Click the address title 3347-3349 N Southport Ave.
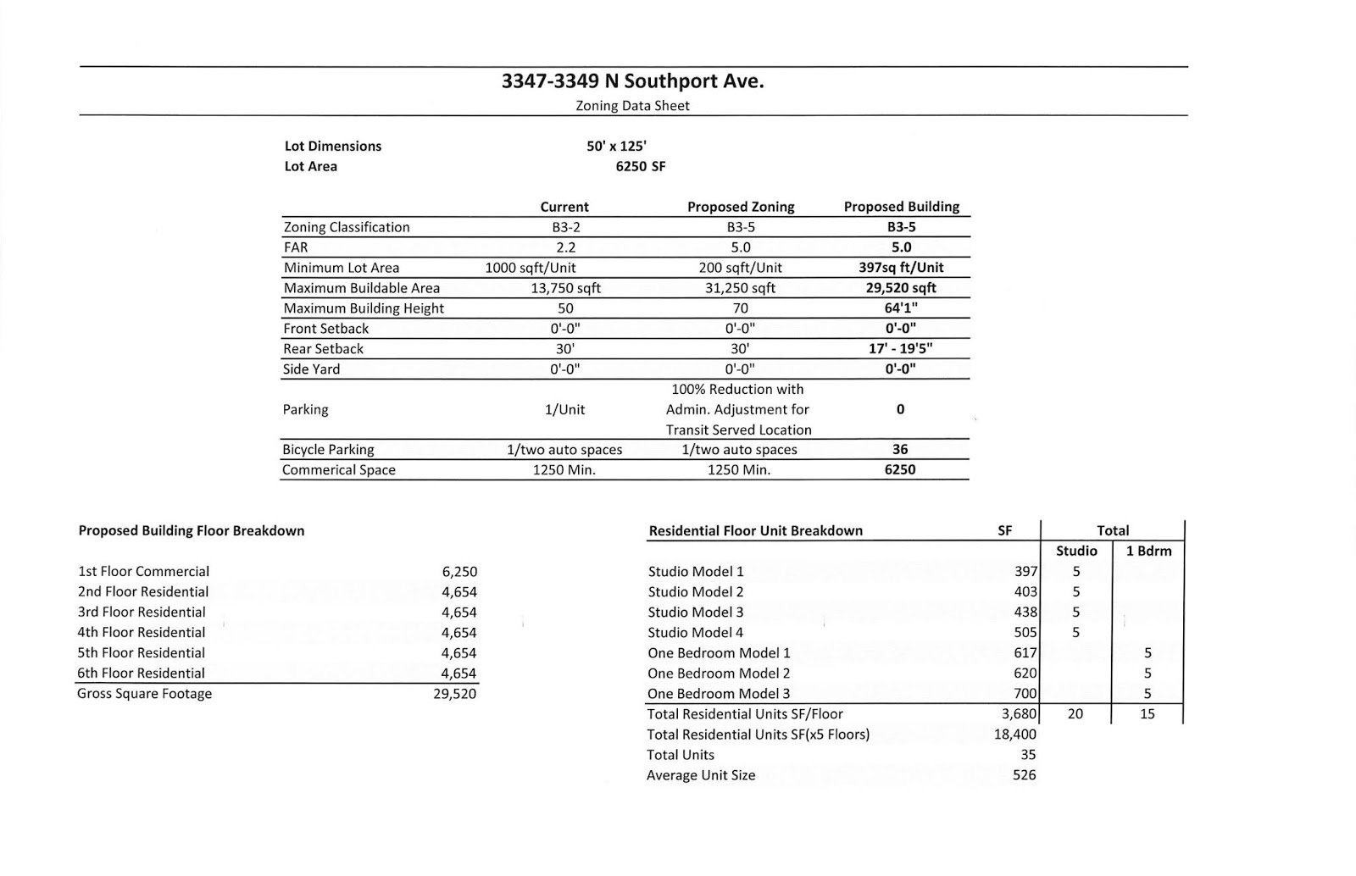(x=632, y=81)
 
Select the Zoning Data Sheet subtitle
(x=632, y=106)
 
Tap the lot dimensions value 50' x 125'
(x=616, y=146)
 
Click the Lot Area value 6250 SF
(x=640, y=166)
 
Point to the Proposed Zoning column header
(x=740, y=207)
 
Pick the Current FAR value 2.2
(x=565, y=247)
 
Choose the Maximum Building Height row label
(x=364, y=308)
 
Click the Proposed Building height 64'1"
(x=901, y=308)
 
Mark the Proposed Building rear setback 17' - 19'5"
(x=901, y=348)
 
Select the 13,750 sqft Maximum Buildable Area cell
(x=565, y=288)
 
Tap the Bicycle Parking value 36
(x=900, y=450)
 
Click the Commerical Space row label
(x=339, y=470)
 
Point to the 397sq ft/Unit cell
(x=901, y=268)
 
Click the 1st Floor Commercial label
(x=143, y=572)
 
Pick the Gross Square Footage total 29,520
(x=454, y=694)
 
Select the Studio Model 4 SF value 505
(x=1025, y=633)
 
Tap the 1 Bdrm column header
(x=1148, y=551)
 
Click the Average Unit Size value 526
(x=1024, y=775)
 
